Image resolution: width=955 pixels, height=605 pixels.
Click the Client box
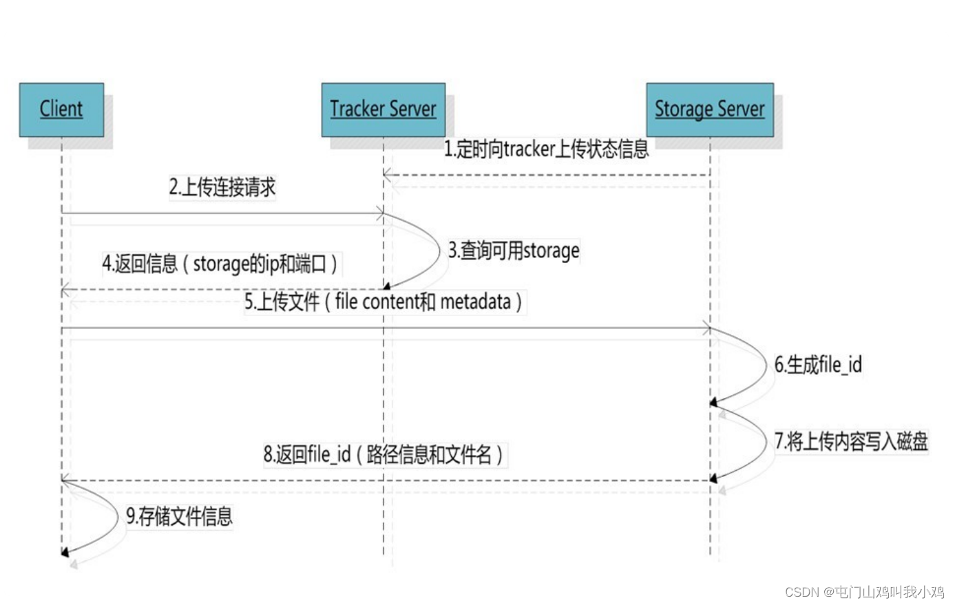pos(61,109)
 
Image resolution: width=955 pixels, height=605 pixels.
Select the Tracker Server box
pos(383,109)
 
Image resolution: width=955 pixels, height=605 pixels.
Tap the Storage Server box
pos(709,109)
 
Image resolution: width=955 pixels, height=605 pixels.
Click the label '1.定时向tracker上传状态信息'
pos(545,149)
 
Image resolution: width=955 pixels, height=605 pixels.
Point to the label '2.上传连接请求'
pos(222,187)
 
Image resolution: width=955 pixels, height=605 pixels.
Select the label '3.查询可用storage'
pos(514,251)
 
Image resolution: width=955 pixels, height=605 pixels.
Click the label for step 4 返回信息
pos(220,264)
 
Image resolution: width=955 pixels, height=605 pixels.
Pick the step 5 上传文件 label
pos(384,301)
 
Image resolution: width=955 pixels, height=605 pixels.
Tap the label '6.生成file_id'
pos(818,365)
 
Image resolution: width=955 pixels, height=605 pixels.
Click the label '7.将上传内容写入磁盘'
pos(851,441)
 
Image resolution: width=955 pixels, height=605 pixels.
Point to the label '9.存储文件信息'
pos(179,516)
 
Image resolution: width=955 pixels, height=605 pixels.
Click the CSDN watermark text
pos(864,592)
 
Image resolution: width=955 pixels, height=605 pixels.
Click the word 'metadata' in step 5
pos(475,301)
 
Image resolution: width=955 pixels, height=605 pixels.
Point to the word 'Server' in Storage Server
pos(741,109)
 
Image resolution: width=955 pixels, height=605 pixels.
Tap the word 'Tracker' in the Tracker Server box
pos(357,109)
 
